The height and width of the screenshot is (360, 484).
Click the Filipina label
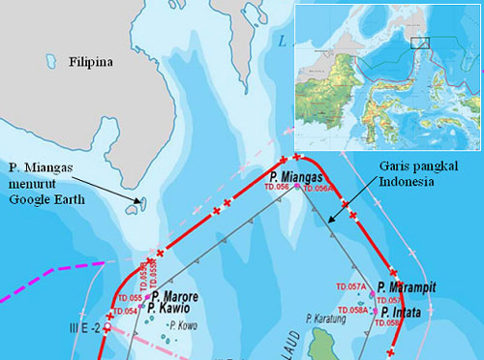point(91,63)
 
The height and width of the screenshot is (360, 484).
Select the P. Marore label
point(172,295)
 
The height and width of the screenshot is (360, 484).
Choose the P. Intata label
point(403,312)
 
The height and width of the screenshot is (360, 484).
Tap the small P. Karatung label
point(327,317)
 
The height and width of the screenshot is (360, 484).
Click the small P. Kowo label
point(184,325)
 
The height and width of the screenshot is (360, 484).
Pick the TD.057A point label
point(351,287)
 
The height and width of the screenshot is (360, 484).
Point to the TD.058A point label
point(353,311)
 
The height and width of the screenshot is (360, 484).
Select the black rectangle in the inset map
point(419,43)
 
